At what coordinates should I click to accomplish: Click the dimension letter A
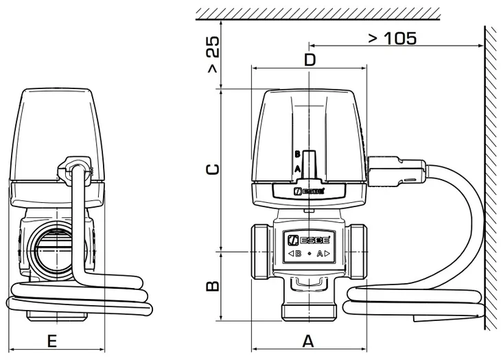point(308,340)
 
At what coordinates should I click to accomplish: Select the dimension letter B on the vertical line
point(213,285)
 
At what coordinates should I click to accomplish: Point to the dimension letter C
point(213,168)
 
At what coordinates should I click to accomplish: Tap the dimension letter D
point(310,60)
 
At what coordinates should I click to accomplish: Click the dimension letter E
point(51,340)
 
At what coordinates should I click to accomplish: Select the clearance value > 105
point(393,38)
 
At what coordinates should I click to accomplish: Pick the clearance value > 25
point(213,55)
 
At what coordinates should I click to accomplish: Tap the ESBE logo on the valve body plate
point(308,239)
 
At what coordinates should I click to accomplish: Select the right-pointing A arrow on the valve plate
point(324,254)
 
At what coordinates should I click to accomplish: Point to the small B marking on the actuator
point(298,154)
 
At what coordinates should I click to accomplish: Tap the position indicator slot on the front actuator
point(309,163)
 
